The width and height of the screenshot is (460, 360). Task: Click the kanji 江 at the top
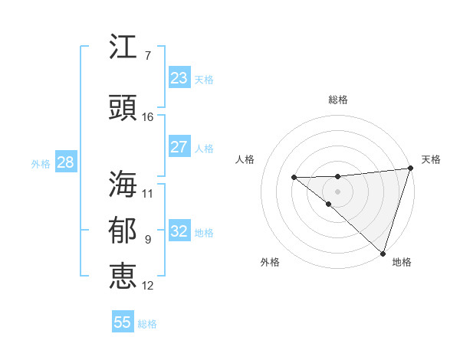(x=123, y=48)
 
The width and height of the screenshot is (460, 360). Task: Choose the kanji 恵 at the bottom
(x=123, y=276)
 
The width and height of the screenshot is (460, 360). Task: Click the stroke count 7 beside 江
(x=147, y=56)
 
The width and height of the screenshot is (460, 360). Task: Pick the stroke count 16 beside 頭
(x=147, y=117)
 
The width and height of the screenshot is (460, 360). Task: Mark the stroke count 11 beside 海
(x=147, y=193)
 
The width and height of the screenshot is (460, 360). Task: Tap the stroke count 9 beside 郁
(x=147, y=240)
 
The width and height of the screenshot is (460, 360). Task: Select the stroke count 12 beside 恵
(x=147, y=286)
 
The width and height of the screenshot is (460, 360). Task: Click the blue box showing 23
(x=179, y=77)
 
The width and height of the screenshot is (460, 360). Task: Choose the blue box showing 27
(x=179, y=147)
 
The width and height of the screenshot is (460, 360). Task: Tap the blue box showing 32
(x=179, y=231)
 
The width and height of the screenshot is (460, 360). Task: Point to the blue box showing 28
(x=65, y=162)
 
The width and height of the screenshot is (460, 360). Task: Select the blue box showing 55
(x=123, y=322)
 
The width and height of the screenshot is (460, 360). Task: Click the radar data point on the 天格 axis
(x=409, y=169)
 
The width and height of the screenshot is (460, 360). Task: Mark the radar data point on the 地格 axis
(x=382, y=252)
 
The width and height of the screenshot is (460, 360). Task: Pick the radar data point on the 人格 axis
(x=294, y=178)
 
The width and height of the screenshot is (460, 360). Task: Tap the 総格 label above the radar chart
(x=338, y=100)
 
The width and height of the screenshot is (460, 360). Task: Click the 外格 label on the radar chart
(x=270, y=262)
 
